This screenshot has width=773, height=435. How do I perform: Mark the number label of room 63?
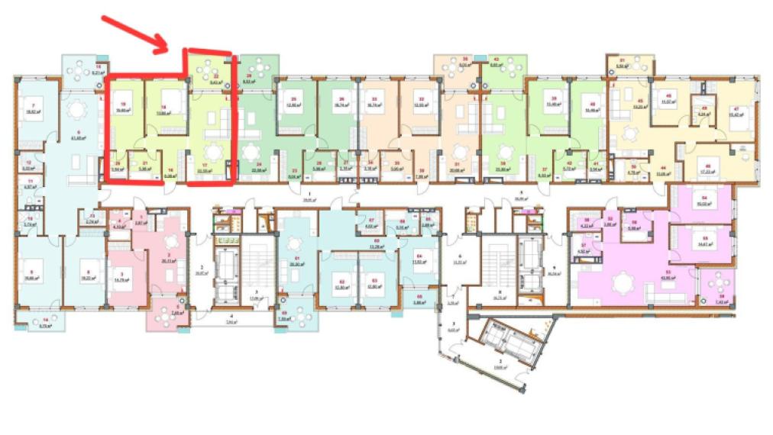(374, 282)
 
